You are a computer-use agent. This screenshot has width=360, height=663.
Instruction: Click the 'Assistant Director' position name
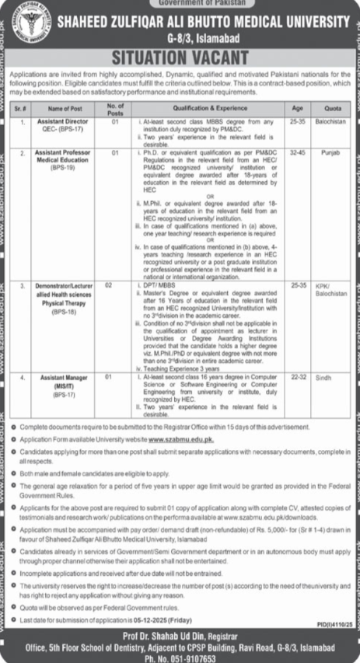pyautogui.click(x=61, y=123)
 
